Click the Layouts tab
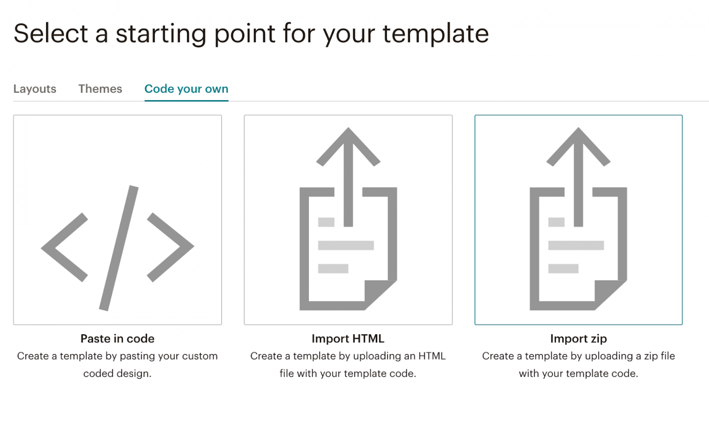(x=35, y=89)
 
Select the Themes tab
(x=100, y=89)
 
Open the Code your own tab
(x=186, y=89)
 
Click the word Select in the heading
(x=51, y=34)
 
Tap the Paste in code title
(x=117, y=338)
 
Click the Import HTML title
(x=348, y=338)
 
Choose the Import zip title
(x=578, y=338)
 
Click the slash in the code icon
(x=119, y=248)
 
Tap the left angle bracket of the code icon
(x=64, y=248)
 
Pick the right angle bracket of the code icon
(x=170, y=247)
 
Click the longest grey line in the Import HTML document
(x=346, y=245)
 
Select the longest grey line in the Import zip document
(x=576, y=245)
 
